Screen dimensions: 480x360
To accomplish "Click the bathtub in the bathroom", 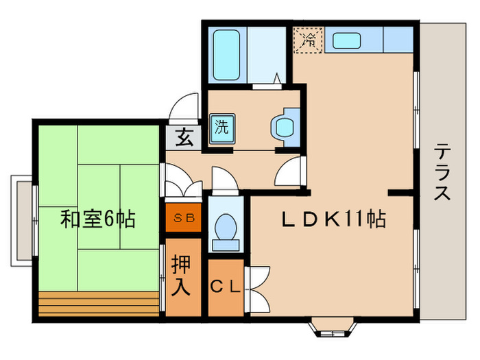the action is (226, 55).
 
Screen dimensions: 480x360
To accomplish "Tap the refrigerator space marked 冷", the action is (309, 40).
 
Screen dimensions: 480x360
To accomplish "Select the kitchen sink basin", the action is (346, 40).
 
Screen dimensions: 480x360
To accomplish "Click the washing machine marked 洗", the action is (222, 129).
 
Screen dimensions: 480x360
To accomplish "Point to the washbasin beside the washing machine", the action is (286, 127).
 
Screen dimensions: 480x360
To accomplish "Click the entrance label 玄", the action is (184, 138).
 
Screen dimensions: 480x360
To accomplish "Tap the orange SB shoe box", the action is (183, 217).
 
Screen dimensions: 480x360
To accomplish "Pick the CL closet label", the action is (226, 287).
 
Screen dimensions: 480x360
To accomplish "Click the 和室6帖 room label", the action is (97, 219).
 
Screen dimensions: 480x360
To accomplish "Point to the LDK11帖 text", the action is (333, 219).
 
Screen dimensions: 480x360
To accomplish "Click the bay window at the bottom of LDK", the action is (333, 328).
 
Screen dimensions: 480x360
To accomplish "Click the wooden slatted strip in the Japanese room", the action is (99, 304).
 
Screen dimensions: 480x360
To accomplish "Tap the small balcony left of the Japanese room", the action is (21, 221).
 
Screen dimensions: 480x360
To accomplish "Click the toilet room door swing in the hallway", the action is (225, 180).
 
